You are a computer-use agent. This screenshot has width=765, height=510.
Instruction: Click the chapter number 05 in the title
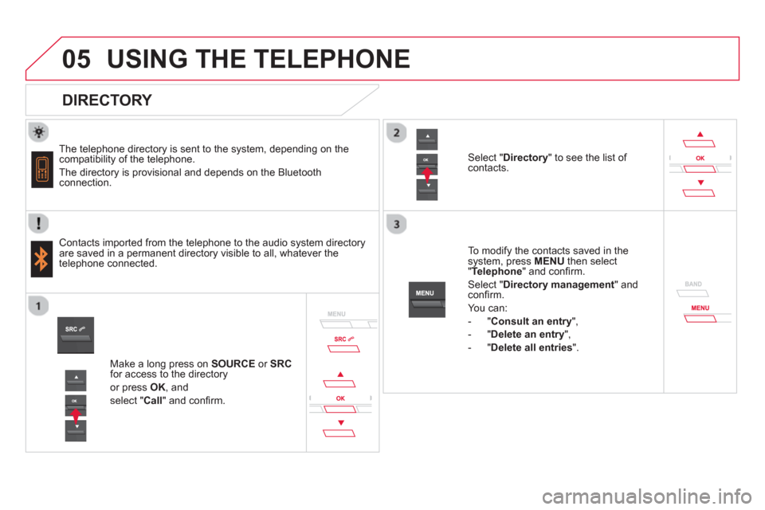click(76, 59)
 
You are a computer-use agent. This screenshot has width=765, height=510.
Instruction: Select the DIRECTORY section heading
click(107, 100)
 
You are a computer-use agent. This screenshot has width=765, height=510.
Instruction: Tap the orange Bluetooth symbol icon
click(41, 259)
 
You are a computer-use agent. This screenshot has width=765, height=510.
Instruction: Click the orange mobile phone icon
click(42, 170)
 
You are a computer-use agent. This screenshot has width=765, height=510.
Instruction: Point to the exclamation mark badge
click(38, 223)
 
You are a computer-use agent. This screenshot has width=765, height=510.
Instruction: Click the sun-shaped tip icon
click(38, 131)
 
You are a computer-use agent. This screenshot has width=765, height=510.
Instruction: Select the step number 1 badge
click(38, 306)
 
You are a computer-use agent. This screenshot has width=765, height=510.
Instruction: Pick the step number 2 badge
click(396, 133)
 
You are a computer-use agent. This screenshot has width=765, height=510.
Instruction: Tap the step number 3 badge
click(396, 224)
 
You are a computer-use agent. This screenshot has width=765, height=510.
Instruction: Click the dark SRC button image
click(76, 335)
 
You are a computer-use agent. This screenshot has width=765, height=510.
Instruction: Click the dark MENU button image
click(427, 300)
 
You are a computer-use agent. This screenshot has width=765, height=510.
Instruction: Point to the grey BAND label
click(693, 284)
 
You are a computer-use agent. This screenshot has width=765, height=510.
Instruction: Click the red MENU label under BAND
click(700, 308)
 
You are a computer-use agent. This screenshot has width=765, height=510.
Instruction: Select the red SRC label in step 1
click(343, 339)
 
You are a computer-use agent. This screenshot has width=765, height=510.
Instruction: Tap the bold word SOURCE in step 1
click(233, 363)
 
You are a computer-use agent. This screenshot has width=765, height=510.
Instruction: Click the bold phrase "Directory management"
click(559, 284)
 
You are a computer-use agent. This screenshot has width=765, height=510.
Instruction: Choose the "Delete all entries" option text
click(532, 347)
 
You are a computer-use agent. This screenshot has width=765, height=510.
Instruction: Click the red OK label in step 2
click(700, 158)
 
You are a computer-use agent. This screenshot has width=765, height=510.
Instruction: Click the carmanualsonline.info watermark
click(646, 496)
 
